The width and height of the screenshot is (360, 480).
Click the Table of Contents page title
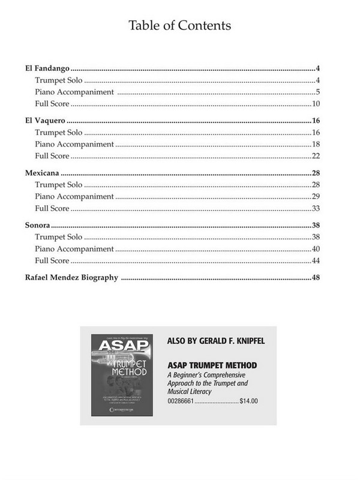179,26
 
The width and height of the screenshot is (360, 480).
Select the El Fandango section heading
48,69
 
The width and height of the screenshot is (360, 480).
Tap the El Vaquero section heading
46,121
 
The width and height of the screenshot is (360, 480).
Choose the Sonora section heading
37,226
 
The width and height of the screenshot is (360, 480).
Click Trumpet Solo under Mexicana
59,185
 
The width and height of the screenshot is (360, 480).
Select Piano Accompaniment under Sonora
74,249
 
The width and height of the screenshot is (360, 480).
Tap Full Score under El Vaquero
52,157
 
